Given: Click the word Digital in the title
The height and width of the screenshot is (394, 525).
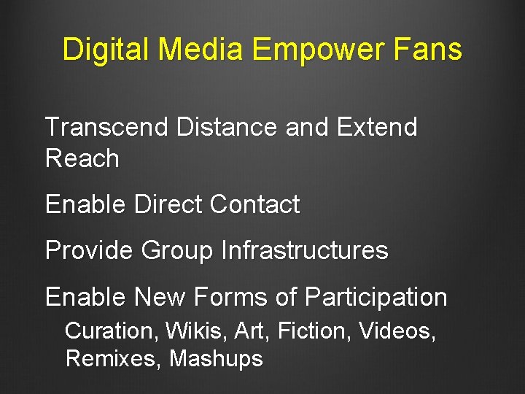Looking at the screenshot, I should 106,50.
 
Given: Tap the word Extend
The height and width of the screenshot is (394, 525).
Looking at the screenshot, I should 377,127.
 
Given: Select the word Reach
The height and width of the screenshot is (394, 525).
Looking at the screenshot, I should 82,158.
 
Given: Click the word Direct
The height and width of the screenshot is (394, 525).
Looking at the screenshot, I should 168,204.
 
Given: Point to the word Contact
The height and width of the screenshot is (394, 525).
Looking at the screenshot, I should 254,204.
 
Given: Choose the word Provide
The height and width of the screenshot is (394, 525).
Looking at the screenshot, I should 89,250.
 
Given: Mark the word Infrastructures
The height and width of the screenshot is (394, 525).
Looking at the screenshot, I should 304,250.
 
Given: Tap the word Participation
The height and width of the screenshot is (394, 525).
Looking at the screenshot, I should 376,297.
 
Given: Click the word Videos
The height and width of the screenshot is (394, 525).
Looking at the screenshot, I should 397,331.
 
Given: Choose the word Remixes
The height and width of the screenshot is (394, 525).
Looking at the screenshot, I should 113,359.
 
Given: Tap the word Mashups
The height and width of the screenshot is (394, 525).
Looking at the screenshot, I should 216,359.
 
